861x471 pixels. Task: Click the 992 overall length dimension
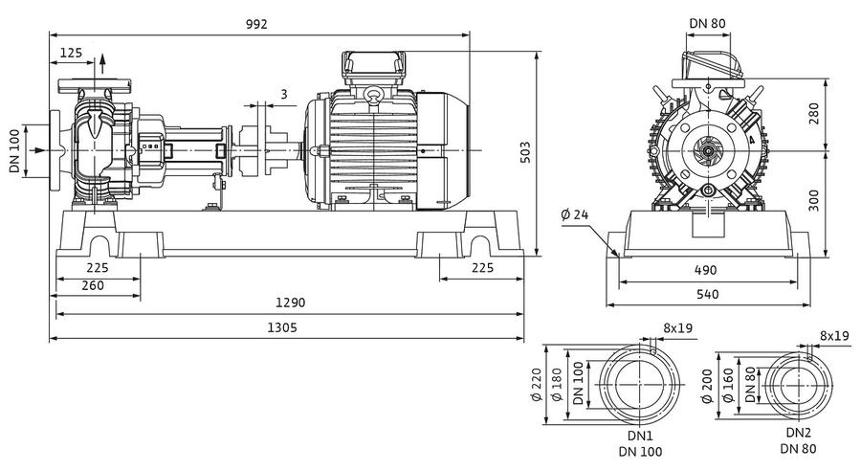click(256, 24)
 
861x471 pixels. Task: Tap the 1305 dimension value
click(282, 327)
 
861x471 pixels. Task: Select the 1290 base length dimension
click(290, 303)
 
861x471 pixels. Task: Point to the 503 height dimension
click(525, 152)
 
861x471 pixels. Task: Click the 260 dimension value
click(92, 285)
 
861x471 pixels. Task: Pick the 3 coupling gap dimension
click(284, 94)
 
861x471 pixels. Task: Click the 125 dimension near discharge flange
click(71, 53)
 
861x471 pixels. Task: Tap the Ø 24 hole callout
click(575, 214)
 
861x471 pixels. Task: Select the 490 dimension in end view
click(706, 270)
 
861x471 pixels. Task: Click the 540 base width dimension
click(707, 294)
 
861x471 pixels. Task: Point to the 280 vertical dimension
click(814, 113)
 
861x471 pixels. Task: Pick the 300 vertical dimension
click(814, 201)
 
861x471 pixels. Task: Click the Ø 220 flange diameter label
click(537, 384)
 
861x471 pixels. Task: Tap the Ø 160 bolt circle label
click(728, 385)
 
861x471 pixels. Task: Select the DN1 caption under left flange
click(640, 437)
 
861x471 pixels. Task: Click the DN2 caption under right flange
click(799, 433)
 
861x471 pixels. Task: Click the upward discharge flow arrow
click(102, 64)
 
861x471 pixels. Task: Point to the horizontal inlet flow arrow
click(37, 150)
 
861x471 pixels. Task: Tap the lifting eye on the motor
click(375, 95)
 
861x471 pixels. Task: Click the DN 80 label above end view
click(707, 23)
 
